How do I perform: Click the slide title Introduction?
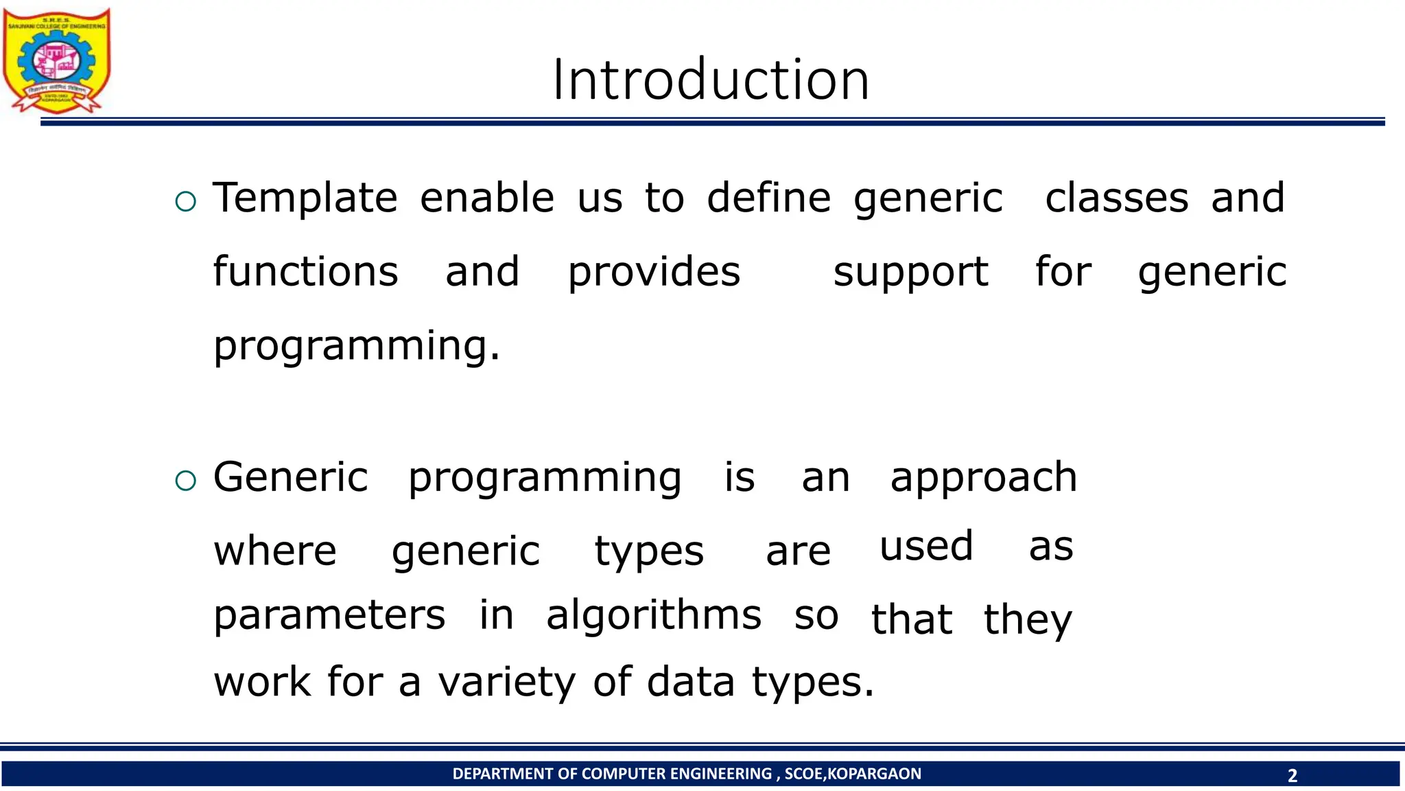711,80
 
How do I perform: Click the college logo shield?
56,60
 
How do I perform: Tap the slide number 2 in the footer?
1292,775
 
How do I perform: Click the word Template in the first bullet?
305,198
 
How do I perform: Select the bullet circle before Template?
185,202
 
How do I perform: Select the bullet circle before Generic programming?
185,481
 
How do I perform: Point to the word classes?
1116,198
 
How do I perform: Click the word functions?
305,272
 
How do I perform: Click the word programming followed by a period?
356,346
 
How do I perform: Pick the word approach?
983,479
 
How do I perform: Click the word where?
275,551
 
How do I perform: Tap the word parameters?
329,616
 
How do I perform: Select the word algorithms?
654,616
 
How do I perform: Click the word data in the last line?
690,683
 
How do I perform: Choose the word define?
768,198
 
